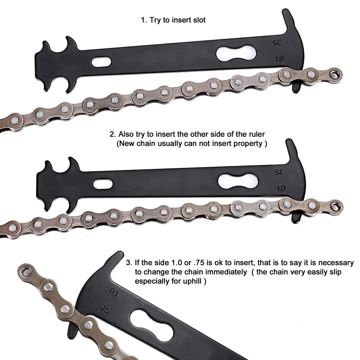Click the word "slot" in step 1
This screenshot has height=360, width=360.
tap(197, 20)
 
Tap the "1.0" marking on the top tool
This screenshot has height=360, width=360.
tap(279, 59)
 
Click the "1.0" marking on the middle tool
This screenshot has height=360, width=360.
tap(281, 188)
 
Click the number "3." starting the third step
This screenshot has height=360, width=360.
tap(129, 263)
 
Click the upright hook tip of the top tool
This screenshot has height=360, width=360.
tap(288, 15)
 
